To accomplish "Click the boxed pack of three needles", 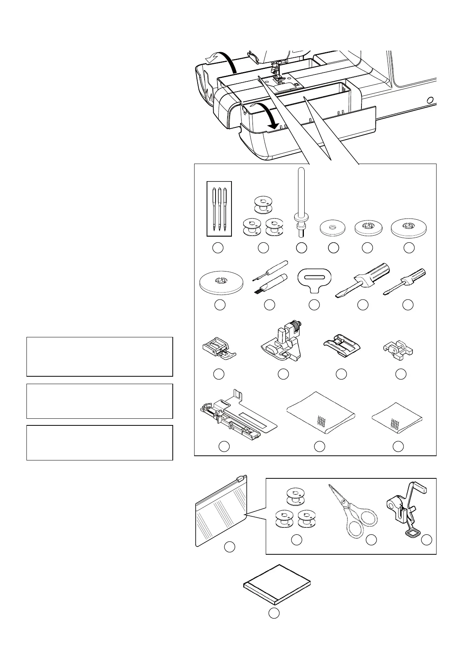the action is (219, 209).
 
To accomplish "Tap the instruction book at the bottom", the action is (277, 583).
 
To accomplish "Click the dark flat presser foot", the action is (342, 343).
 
